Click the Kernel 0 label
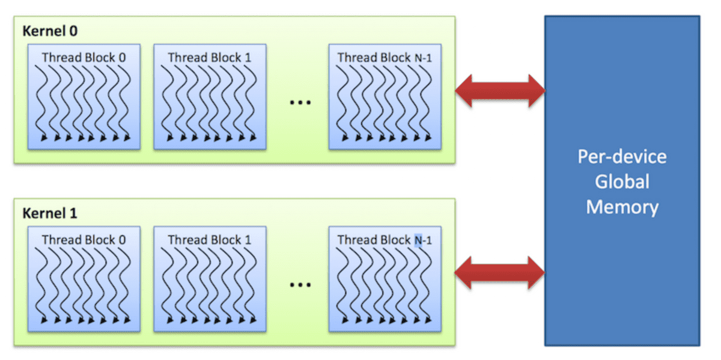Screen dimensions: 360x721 tap(50, 30)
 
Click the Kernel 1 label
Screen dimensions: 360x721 tap(50, 213)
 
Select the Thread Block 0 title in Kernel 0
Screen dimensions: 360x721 tap(84, 57)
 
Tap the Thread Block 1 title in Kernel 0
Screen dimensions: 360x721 tap(209, 57)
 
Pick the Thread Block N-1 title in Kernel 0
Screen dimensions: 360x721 tap(385, 58)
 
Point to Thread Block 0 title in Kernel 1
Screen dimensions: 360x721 tap(84, 240)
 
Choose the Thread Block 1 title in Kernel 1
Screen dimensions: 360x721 tap(209, 240)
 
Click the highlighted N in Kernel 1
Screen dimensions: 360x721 tap(418, 240)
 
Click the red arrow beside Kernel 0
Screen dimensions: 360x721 tap(500, 91)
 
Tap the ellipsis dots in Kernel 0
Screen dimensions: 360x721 tap(300, 103)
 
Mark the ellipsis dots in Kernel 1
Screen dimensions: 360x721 tap(300, 285)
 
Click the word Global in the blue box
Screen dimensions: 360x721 tap(622, 182)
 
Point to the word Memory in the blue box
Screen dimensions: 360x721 tap(622, 207)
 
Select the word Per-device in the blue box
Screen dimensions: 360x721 tap(622, 157)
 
